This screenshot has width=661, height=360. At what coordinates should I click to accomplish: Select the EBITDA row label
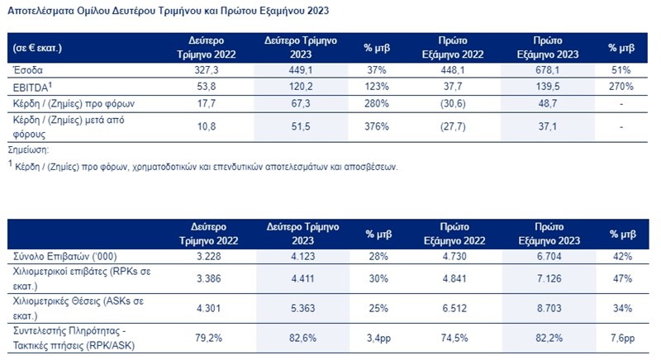34,87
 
